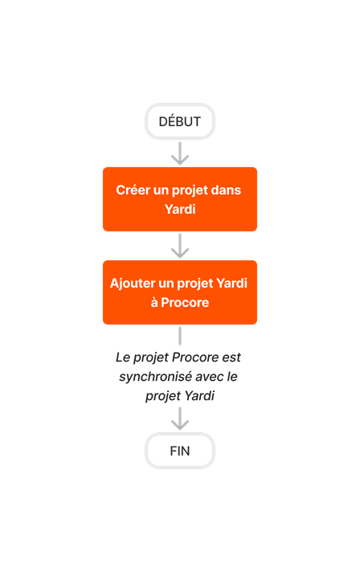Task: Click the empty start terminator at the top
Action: coord(180,121)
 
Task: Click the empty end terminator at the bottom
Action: coord(180,451)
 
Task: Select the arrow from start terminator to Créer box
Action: coord(180,153)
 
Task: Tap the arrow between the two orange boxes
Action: coord(180,246)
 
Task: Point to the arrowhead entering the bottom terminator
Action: coord(180,423)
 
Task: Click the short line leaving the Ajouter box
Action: coord(180,335)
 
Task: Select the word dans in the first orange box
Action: coord(225,190)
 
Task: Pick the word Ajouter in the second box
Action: coord(133,284)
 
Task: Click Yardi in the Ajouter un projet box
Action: coord(233,284)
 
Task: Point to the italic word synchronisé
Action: coord(153,376)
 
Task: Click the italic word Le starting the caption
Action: coord(123,356)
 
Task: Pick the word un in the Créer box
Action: coord(162,190)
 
